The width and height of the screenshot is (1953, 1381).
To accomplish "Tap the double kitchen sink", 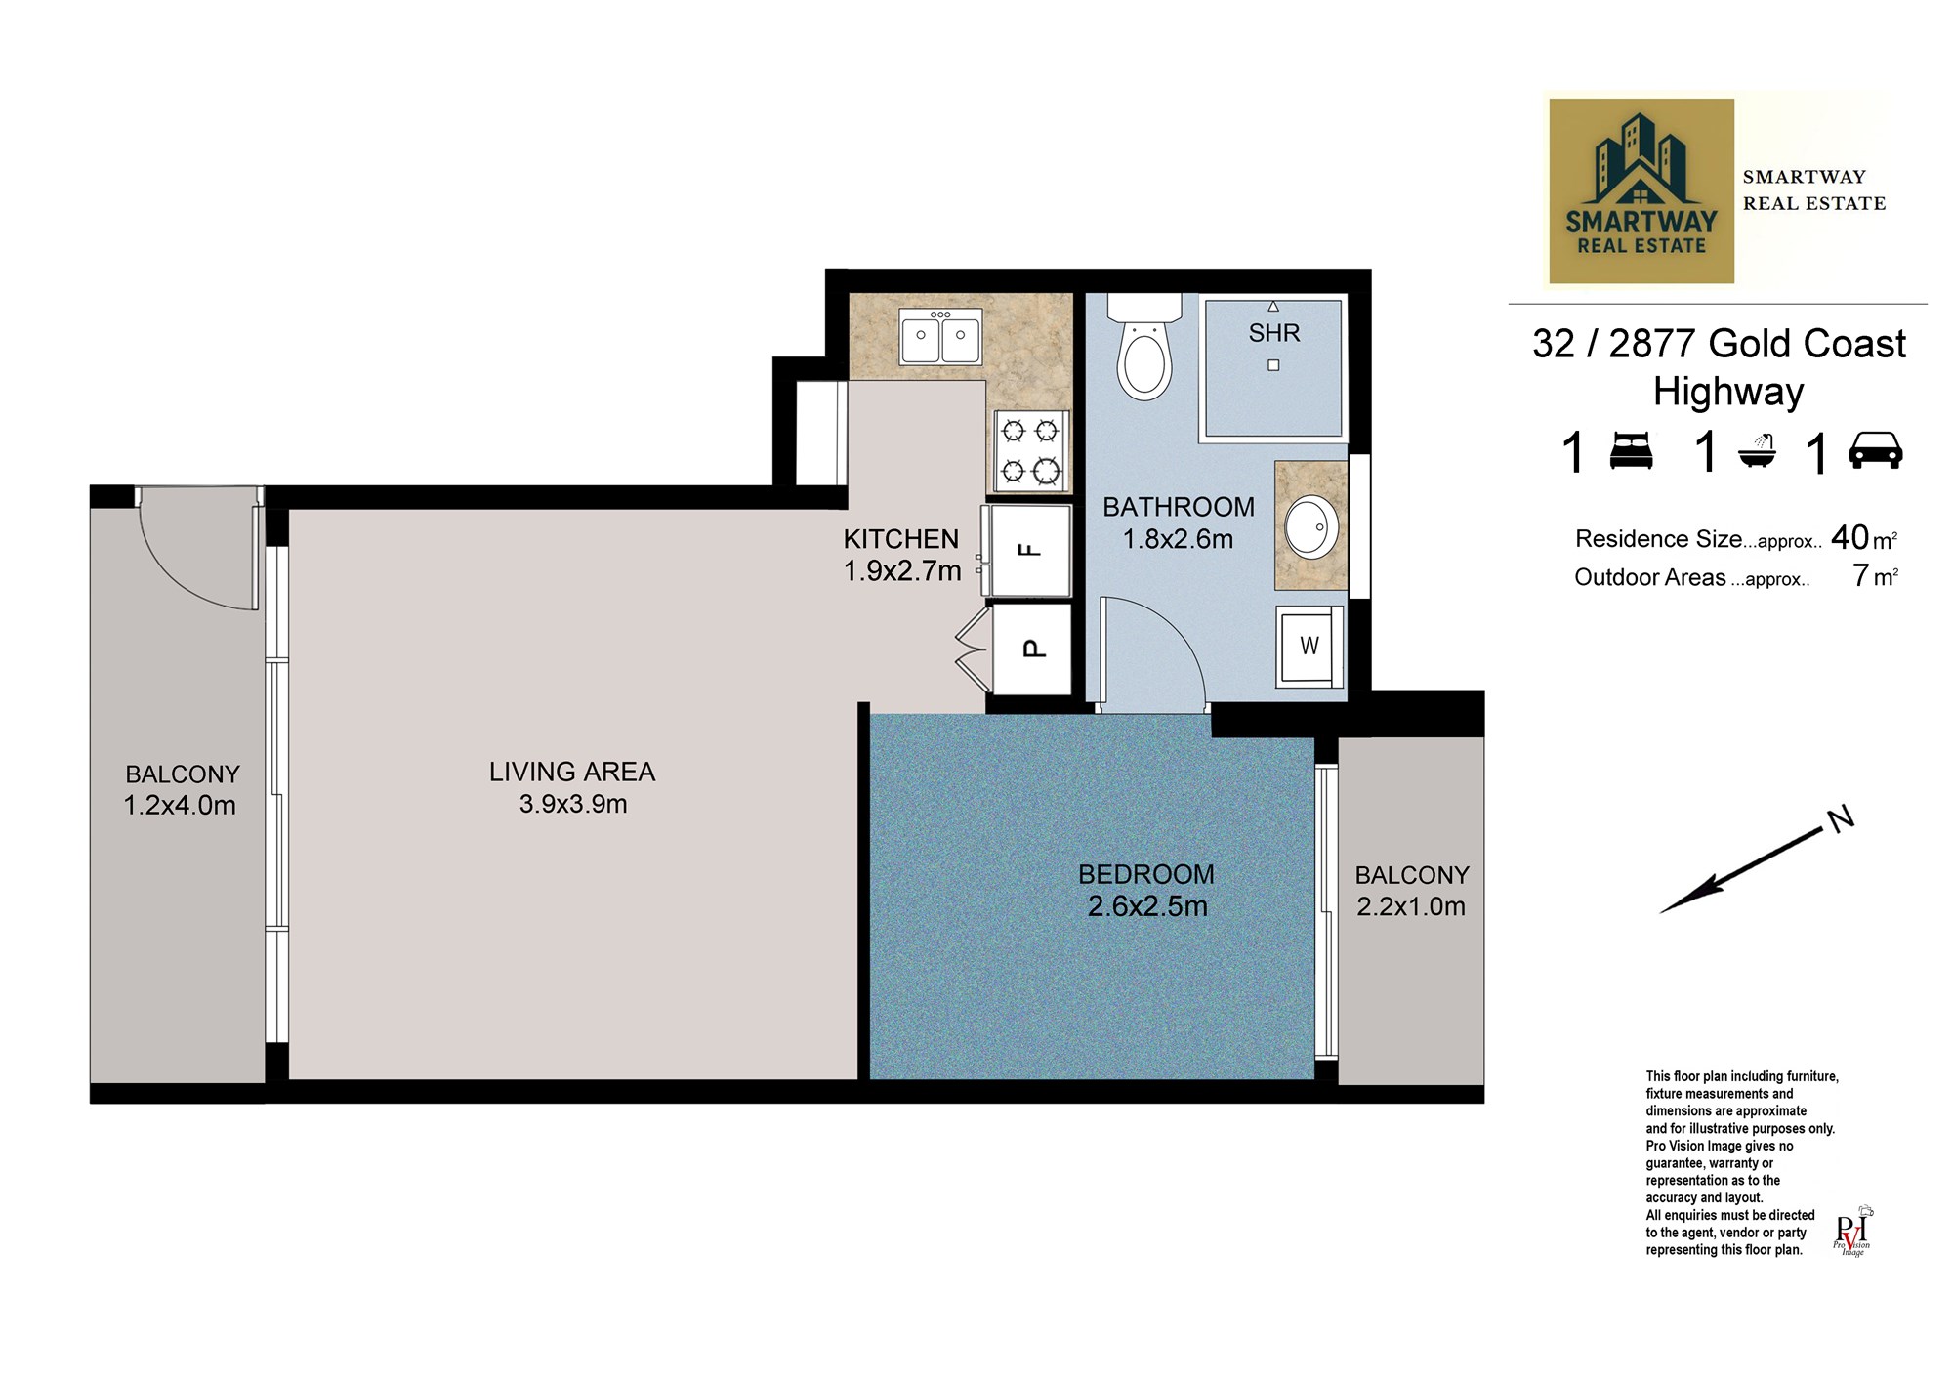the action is (940, 337).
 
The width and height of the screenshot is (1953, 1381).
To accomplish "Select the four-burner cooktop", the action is (1031, 450).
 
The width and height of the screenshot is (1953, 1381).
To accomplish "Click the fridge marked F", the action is (1030, 550).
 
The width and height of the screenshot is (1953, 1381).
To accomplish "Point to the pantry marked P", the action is (1031, 649).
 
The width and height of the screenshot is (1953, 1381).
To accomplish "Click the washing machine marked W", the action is (1309, 646).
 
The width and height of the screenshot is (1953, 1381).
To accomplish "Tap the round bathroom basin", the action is (1310, 527).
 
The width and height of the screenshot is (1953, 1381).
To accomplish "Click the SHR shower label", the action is (1274, 333).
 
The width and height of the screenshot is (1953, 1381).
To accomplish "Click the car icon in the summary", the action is (1876, 450).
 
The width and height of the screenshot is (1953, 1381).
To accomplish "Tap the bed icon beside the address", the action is (1631, 450).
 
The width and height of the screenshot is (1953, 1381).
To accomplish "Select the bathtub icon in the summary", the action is (1757, 451).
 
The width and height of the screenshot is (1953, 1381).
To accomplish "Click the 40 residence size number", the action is (1849, 537).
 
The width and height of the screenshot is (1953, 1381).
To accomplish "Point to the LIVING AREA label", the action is (572, 772).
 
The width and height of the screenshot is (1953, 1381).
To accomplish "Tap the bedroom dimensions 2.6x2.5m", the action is (1147, 906).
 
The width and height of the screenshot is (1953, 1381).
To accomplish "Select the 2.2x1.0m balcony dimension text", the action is (1411, 906).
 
